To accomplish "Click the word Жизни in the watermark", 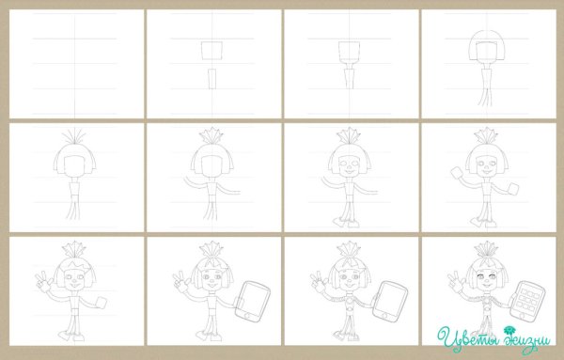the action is point(526,339).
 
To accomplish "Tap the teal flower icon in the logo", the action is point(509,330).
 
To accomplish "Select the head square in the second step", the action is point(211,51).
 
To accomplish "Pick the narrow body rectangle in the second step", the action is point(211,78).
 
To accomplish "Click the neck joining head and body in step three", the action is point(349,64).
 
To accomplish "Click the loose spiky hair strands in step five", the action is point(75,137).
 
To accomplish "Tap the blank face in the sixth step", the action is point(211,166).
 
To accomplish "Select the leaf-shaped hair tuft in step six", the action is point(211,136).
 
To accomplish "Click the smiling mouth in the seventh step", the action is point(350,173).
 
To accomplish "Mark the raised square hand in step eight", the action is point(457,172).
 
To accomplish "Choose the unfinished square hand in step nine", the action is point(102,303).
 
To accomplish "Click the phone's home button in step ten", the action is point(247,316).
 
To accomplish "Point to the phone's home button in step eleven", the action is point(384,316).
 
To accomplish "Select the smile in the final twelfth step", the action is point(486,286).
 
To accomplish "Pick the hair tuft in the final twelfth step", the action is point(486,250).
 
